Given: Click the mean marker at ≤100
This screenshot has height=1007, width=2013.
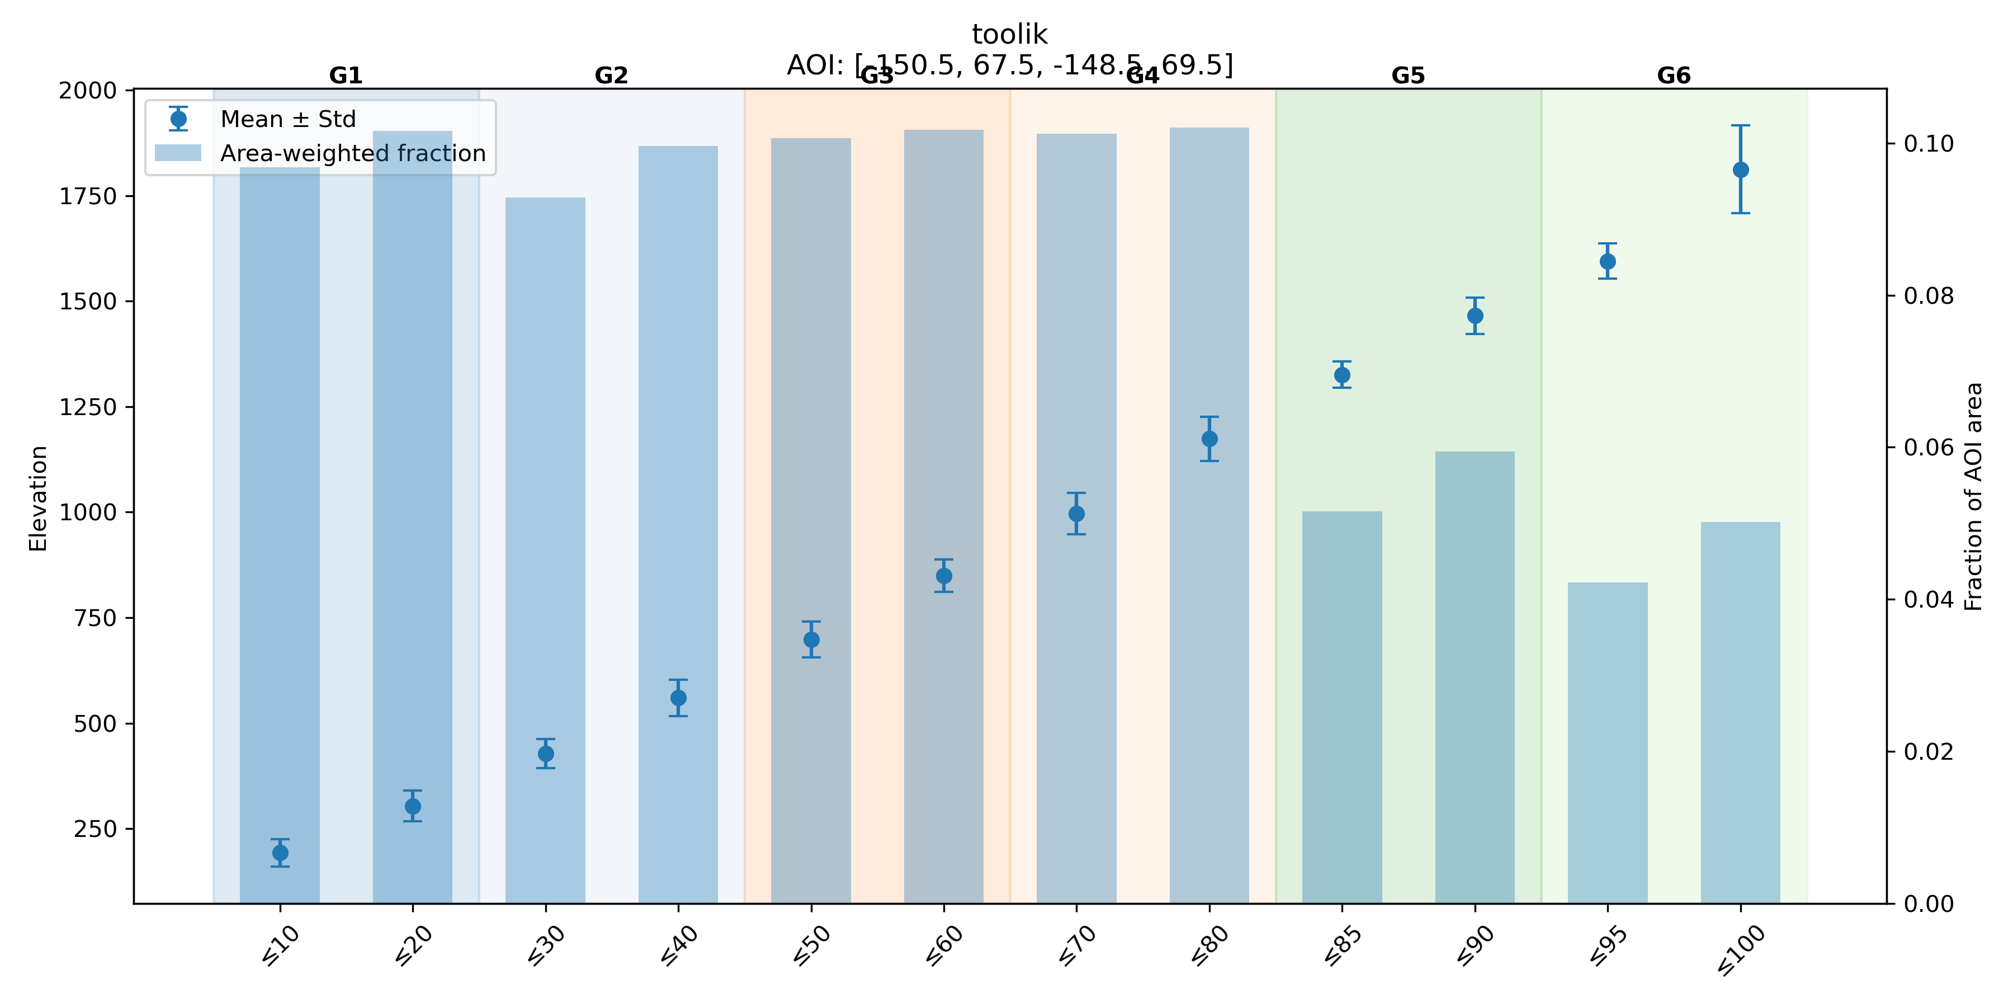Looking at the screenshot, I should pyautogui.click(x=1740, y=170).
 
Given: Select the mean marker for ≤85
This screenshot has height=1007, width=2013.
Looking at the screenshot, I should pyautogui.click(x=1342, y=374).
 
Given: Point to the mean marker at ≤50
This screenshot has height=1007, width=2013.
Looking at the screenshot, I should pyautogui.click(x=811, y=639).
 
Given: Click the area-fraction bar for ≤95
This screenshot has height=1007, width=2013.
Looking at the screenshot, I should pyautogui.click(x=1608, y=743).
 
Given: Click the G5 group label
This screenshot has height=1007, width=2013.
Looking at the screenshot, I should pyautogui.click(x=1408, y=76).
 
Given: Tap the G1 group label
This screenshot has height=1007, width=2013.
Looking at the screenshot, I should pyautogui.click(x=346, y=76).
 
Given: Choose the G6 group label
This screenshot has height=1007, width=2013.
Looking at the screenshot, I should pyautogui.click(x=1674, y=76).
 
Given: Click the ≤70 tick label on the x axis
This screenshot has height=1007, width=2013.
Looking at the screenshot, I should pyautogui.click(x=1077, y=946).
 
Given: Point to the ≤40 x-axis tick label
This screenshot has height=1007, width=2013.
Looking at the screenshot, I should pyautogui.click(x=678, y=946).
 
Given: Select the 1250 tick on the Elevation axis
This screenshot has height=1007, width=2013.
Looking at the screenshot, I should pyautogui.click(x=88, y=407).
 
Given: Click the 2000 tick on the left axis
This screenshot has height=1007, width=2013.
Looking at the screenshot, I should pyautogui.click(x=88, y=91).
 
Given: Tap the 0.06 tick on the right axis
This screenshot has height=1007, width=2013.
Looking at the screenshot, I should pyautogui.click(x=1929, y=447).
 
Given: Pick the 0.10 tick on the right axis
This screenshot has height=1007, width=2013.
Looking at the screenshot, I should pyautogui.click(x=1929, y=143).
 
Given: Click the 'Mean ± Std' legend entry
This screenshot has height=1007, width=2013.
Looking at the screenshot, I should pyautogui.click(x=287, y=119).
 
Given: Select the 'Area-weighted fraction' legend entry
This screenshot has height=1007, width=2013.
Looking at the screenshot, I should pyautogui.click(x=352, y=153).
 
